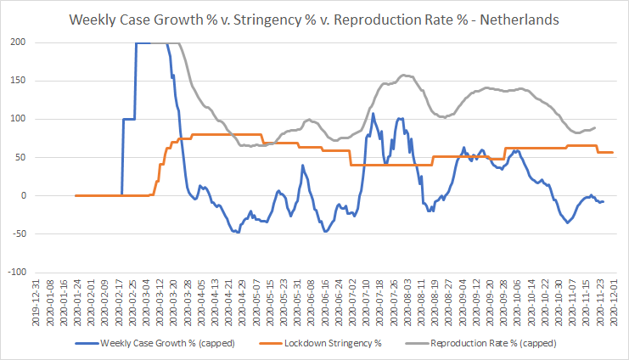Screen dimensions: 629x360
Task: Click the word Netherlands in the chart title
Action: tap(519, 20)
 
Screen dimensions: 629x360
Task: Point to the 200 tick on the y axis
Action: tap(18, 42)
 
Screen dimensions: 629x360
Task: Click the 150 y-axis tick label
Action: tap(18, 81)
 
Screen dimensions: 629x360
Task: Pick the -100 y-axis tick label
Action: tap(17, 272)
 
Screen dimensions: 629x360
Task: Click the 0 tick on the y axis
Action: tap(24, 195)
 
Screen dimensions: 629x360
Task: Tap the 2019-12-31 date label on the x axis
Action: tap(36, 302)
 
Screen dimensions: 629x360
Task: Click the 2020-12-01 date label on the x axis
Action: tap(613, 302)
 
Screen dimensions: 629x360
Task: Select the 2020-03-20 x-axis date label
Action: tap(174, 302)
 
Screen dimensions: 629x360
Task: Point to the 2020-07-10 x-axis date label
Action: tap(366, 302)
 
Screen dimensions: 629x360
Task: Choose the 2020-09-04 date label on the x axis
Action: tap(461, 302)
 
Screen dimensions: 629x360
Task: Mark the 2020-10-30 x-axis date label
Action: tap(558, 302)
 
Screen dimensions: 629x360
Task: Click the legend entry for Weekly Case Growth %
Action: tap(154, 344)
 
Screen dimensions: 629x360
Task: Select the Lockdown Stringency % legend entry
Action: tap(320, 344)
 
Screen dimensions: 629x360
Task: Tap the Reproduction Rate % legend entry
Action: tap(480, 344)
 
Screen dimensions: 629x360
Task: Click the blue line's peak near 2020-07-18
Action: tap(373, 114)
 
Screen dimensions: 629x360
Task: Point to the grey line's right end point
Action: tap(594, 127)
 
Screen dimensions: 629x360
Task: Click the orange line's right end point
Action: tap(613, 152)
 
